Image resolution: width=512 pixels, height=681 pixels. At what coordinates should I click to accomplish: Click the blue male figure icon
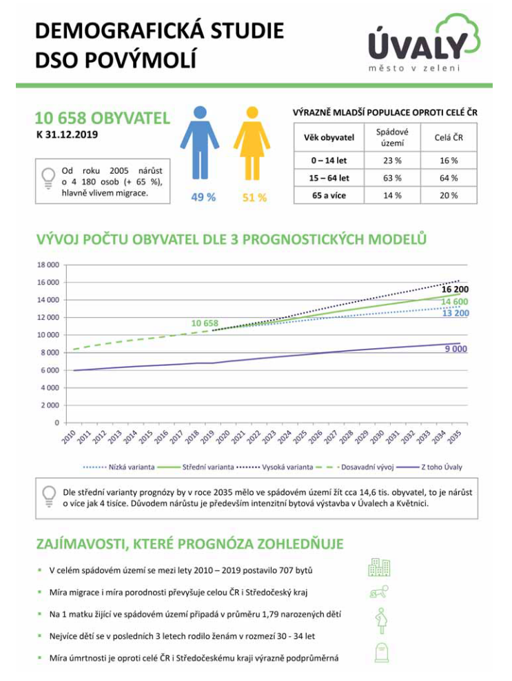pos(200,143)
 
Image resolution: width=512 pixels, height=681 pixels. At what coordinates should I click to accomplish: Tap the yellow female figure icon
pos(252,143)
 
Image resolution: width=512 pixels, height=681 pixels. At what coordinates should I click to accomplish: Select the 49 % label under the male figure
pos(203,197)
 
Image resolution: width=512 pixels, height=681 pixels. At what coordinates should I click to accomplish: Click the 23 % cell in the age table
pos(392,161)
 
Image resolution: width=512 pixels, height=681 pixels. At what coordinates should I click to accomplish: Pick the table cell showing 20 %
pos(449,196)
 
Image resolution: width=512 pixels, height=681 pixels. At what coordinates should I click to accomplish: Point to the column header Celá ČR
pos(449,137)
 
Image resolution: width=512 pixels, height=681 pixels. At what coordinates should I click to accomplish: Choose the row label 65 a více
pos(329,196)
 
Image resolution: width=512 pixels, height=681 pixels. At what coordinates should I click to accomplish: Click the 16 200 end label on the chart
pos(455,289)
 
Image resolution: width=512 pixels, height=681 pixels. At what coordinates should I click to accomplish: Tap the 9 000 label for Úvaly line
pos(456,349)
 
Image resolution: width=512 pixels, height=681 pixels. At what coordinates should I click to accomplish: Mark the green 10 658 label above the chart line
pos(205,323)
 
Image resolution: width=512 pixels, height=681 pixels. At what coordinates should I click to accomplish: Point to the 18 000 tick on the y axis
pos(48,265)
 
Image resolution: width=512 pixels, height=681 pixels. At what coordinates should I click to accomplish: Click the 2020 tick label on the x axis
pos(223,437)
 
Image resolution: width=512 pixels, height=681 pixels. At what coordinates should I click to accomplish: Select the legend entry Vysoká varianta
pos(287,467)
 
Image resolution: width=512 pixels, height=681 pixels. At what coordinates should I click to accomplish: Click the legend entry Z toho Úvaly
pos(441,467)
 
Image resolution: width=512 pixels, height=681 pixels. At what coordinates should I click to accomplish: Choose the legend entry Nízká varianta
pos(131,467)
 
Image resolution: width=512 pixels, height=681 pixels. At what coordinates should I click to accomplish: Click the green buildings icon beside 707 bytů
pos(379,567)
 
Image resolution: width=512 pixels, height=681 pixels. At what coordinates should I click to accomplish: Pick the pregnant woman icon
pos(381,620)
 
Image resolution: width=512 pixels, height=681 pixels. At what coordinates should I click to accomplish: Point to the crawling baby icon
pos(379,592)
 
